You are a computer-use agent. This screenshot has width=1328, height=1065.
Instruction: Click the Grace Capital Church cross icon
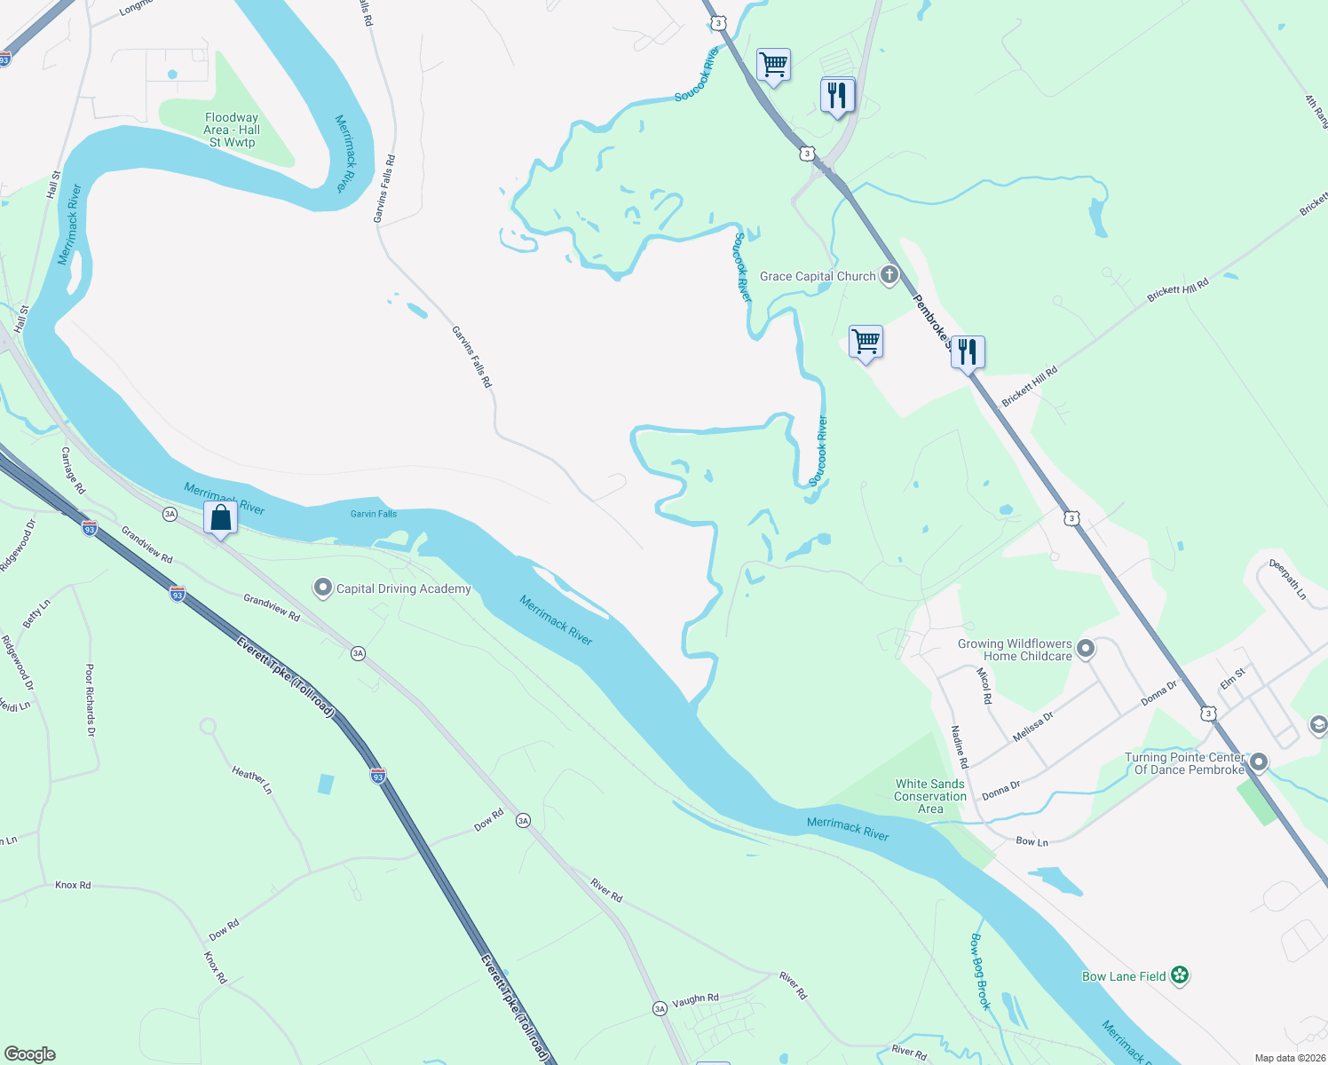click(889, 275)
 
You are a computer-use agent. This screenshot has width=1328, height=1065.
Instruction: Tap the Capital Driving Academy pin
click(323, 588)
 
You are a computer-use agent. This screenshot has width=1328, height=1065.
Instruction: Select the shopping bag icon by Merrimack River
click(220, 517)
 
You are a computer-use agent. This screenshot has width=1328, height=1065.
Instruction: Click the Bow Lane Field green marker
click(1179, 975)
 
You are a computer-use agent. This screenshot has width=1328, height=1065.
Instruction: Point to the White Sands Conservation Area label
click(929, 796)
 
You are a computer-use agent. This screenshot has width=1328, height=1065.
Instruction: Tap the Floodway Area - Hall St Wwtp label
click(232, 130)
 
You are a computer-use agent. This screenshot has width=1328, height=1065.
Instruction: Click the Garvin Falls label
click(374, 514)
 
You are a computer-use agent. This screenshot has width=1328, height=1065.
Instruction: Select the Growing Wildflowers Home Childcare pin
click(1086, 650)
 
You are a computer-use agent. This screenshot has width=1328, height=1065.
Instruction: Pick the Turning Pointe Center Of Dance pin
click(1258, 762)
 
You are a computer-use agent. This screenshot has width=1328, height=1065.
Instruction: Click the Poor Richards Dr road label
click(90, 700)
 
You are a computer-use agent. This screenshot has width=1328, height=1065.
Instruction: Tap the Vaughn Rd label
click(695, 999)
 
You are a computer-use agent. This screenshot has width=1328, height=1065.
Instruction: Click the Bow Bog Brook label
click(979, 971)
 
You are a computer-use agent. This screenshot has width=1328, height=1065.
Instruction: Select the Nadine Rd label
click(959, 746)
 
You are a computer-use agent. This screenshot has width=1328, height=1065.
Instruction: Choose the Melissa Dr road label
click(1032, 726)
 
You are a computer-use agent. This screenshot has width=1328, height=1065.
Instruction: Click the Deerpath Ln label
click(1287, 579)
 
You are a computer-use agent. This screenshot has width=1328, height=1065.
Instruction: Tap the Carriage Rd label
click(73, 470)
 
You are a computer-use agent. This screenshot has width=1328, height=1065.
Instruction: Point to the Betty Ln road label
click(36, 613)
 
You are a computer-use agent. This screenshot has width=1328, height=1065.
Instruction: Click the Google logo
click(30, 1054)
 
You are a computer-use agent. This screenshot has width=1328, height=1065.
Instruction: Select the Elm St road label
click(1232, 679)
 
